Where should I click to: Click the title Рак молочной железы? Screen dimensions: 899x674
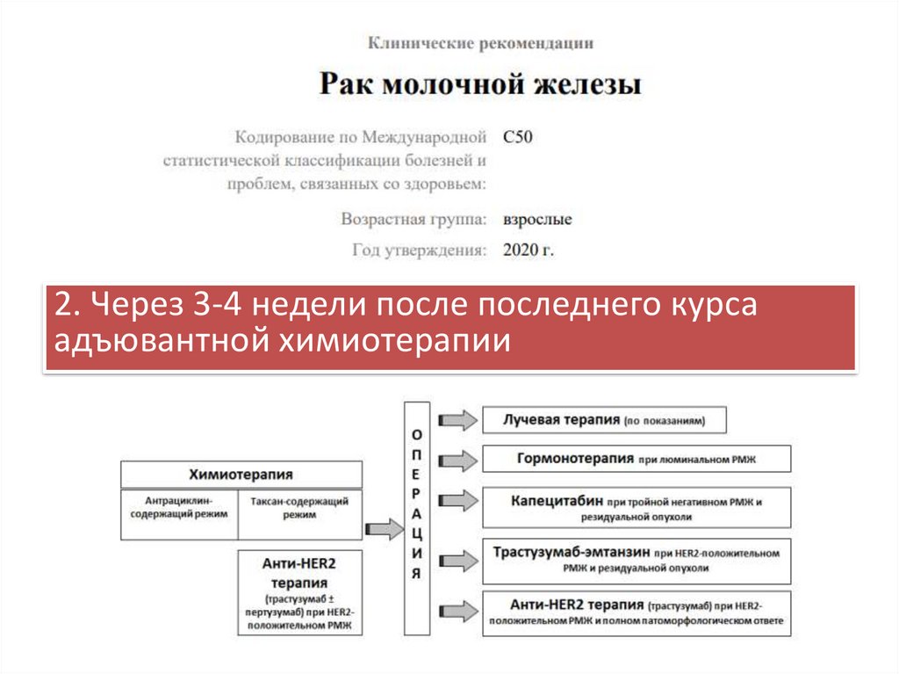(480, 86)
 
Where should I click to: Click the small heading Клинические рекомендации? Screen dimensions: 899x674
(480, 42)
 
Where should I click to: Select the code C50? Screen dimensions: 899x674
(518, 137)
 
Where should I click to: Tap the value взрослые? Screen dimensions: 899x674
(537, 219)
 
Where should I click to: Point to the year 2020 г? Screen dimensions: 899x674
(529, 250)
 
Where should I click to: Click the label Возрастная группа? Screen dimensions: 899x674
(414, 219)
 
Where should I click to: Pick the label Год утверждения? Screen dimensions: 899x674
(420, 250)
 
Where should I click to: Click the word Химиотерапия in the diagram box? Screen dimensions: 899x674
(241, 475)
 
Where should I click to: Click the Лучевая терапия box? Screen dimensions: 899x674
(606, 420)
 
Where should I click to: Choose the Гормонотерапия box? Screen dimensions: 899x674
(636, 459)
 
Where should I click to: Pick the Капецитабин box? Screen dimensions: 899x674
(636, 508)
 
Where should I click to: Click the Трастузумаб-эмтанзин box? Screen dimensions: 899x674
(636, 560)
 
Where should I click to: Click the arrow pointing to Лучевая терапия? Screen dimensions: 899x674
(457, 420)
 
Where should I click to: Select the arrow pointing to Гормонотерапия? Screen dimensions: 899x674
(457, 459)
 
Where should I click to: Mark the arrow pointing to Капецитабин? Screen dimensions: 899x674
(457, 501)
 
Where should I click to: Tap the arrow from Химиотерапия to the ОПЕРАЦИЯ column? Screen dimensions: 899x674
(383, 529)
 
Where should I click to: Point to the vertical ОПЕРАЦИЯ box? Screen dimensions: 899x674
(417, 518)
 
